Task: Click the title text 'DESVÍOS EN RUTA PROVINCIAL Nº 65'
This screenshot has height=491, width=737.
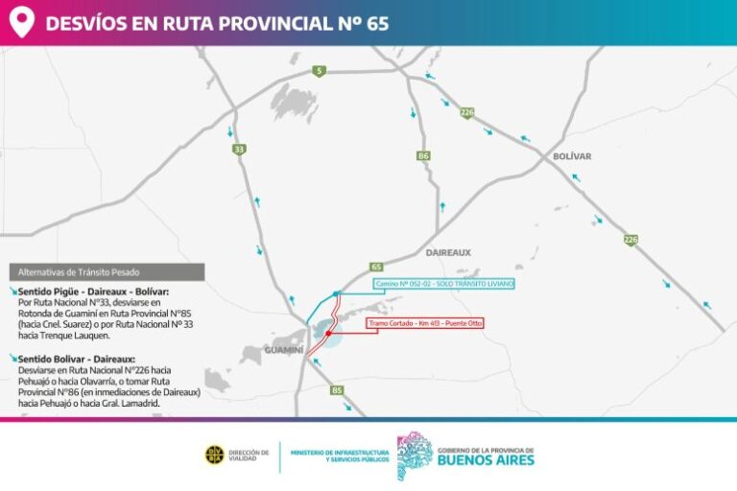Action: (x=217, y=23)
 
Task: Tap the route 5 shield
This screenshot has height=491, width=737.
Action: (x=319, y=70)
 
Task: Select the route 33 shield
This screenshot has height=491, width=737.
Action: (x=239, y=149)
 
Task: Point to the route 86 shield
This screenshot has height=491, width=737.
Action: (x=423, y=154)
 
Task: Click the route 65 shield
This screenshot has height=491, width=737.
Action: (x=376, y=266)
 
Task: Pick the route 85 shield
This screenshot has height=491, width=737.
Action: (x=336, y=390)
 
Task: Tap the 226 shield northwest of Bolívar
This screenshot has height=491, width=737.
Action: (x=466, y=112)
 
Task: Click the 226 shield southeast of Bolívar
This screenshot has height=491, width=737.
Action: (x=630, y=240)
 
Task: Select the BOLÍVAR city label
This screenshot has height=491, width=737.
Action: (x=572, y=156)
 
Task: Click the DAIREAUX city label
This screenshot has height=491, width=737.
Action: (x=448, y=252)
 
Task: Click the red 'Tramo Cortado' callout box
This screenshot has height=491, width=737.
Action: (x=425, y=323)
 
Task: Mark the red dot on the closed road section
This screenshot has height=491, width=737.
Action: (x=329, y=334)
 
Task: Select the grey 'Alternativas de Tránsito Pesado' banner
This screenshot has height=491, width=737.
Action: (x=107, y=272)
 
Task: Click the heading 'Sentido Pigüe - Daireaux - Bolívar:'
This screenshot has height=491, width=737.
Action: (x=93, y=291)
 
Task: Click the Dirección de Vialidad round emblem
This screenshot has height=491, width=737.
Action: (x=215, y=455)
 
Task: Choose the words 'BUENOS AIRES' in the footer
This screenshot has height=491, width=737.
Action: (x=486, y=459)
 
